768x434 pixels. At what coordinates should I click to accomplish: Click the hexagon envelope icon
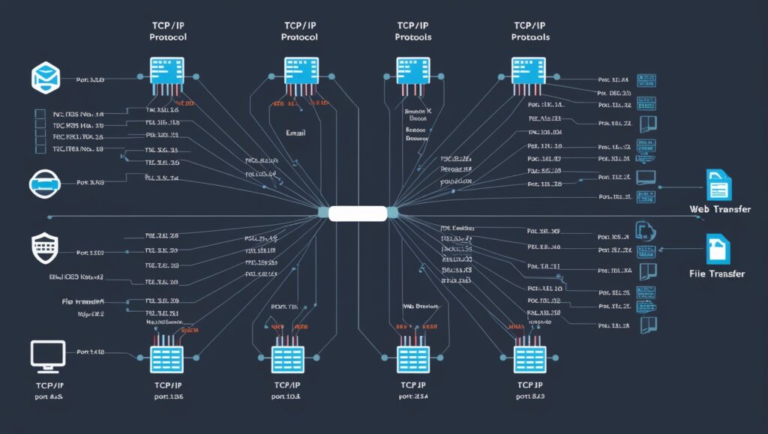point(43,78)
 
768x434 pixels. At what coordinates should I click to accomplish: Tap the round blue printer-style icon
point(43,183)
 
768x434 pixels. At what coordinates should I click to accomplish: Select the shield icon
point(43,246)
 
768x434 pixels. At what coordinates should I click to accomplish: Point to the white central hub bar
point(357,213)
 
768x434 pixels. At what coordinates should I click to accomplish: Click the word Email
point(295,133)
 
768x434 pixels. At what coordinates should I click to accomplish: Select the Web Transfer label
point(719,209)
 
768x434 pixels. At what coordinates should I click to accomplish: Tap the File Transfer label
point(716,274)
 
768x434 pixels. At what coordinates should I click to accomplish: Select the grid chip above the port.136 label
point(166,358)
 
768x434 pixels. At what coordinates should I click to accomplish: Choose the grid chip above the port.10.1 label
point(286,358)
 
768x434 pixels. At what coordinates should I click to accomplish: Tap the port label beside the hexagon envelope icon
point(90,79)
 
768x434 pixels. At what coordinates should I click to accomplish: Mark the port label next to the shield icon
point(91,253)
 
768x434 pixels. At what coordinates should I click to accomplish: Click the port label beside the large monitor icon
point(90,352)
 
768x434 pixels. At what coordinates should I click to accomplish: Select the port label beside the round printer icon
point(90,182)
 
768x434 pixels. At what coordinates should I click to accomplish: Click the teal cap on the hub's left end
point(322,213)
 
